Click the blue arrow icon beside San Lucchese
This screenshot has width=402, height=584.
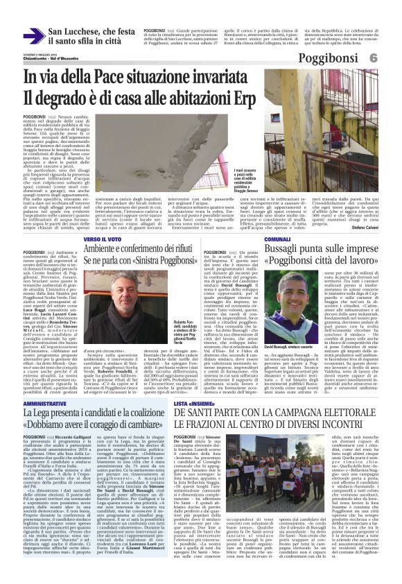pos(33,35)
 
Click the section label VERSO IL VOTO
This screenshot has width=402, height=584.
pos(103,239)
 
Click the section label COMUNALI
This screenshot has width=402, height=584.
pos(277,239)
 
